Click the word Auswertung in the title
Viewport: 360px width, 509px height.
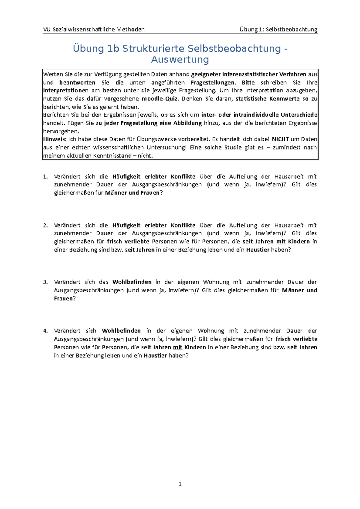pos(180,60)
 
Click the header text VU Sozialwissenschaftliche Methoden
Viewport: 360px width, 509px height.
pos(94,29)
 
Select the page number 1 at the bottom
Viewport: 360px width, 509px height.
pos(180,484)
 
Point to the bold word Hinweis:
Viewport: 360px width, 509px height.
pos(55,139)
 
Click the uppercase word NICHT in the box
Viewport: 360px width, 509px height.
pos(280,139)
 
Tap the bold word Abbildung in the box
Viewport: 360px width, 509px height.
pos(187,123)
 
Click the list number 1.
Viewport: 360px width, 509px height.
pos(45,177)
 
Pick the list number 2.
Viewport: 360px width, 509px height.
pos(45,225)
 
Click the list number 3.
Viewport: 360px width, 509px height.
pos(45,282)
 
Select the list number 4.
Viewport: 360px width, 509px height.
pos(45,331)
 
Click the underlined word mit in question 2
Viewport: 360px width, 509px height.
pos(280,242)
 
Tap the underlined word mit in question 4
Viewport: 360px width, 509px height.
pos(178,347)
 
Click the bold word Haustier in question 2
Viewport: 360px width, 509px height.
pos(258,250)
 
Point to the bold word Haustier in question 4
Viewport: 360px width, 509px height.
pos(155,356)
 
